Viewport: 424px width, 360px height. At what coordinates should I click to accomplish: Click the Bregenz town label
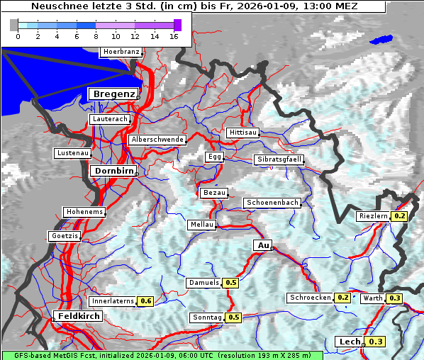pyautogui.click(x=113, y=94)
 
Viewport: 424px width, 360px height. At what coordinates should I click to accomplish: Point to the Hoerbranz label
pyautogui.click(x=121, y=52)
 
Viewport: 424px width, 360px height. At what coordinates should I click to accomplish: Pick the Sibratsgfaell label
pyautogui.click(x=279, y=160)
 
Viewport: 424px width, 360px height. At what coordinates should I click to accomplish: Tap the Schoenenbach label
pyautogui.click(x=272, y=203)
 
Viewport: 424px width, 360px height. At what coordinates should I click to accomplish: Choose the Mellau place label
pyautogui.click(x=200, y=225)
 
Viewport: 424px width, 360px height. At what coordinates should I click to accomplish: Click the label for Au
pyautogui.click(x=262, y=245)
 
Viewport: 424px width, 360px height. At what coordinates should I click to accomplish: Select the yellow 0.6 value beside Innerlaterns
pyautogui.click(x=145, y=301)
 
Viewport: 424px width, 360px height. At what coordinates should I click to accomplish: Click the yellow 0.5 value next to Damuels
pyautogui.click(x=230, y=283)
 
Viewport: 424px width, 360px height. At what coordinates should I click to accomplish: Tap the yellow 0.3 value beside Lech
pyautogui.click(x=375, y=342)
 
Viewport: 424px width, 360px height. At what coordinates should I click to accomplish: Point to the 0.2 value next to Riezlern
pyautogui.click(x=400, y=216)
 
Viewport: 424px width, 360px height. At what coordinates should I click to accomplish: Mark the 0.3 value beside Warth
pyautogui.click(x=395, y=298)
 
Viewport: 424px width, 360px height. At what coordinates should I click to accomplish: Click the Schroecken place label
pyautogui.click(x=310, y=298)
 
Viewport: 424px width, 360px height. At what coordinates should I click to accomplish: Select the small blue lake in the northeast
pyautogui.click(x=381, y=40)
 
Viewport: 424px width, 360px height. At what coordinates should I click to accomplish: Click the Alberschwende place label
pyautogui.click(x=157, y=140)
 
